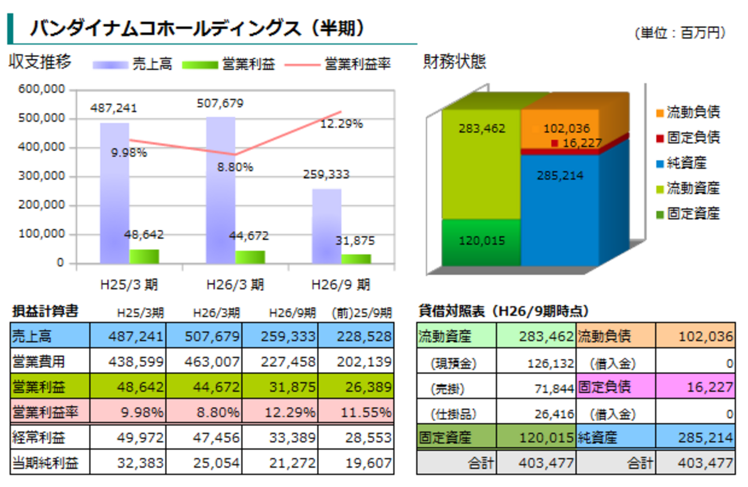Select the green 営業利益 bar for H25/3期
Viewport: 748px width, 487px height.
point(144,256)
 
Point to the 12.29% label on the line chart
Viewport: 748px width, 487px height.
point(342,124)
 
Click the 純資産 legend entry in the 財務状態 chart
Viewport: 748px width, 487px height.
point(686,163)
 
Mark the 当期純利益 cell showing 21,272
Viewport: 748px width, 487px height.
point(280,463)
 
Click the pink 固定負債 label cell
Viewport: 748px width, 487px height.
point(616,387)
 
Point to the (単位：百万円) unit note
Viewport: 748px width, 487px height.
point(681,33)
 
